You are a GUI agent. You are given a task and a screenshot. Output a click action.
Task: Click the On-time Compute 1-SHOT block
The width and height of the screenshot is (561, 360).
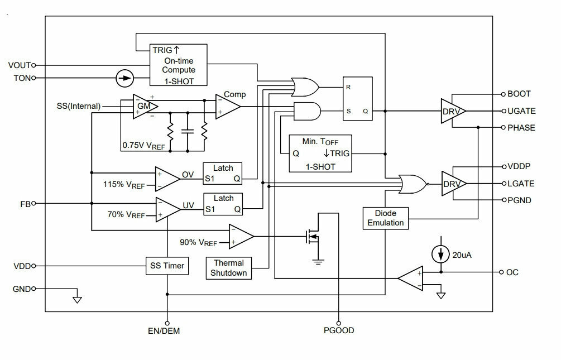click(178, 65)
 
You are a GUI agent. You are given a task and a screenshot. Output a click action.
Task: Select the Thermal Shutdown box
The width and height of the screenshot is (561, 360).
click(229, 268)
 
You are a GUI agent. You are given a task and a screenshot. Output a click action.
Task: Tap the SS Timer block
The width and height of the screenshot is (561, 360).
click(167, 266)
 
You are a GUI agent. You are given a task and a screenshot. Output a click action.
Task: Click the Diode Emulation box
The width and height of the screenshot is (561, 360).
click(385, 218)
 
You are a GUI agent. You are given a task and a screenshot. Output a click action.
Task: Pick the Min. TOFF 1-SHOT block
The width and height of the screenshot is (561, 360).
click(320, 153)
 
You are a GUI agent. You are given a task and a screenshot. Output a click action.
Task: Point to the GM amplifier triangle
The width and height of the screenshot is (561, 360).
click(145, 106)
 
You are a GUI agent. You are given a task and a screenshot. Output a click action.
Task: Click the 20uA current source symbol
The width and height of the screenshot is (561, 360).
click(441, 255)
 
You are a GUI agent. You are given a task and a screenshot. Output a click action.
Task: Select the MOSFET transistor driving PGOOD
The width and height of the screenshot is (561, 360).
click(311, 236)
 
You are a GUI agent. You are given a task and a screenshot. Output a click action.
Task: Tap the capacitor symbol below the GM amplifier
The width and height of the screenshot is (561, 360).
click(188, 131)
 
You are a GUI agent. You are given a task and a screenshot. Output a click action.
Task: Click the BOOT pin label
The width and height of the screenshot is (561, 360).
click(519, 94)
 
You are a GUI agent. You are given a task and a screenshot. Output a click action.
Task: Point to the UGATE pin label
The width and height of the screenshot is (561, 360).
click(521, 111)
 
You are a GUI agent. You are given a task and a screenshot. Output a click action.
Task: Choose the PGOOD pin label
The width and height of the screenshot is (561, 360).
click(339, 330)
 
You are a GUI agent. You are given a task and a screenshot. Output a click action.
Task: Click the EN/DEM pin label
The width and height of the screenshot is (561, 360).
click(164, 330)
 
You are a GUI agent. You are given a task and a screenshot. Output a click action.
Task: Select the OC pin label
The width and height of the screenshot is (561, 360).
click(512, 272)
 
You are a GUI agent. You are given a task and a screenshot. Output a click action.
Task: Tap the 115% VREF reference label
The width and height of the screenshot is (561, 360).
click(124, 185)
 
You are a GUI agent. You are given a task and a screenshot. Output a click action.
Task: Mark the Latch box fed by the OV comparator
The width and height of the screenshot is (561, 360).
click(223, 174)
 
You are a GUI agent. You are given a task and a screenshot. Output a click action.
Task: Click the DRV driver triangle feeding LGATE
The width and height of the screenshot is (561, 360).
click(454, 184)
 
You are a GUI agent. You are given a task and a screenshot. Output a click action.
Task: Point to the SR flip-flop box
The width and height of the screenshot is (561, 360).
click(358, 98)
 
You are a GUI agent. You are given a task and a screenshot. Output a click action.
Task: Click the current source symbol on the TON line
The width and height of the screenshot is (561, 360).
click(125, 78)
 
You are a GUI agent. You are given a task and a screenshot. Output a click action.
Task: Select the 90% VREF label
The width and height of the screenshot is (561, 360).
click(199, 243)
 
